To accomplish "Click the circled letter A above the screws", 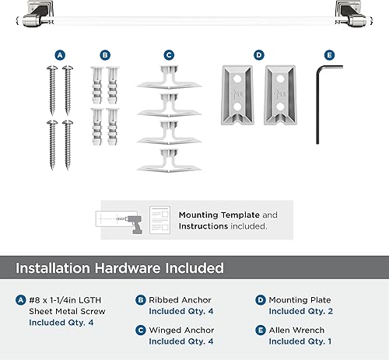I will (59, 55).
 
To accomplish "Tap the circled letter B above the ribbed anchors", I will (104, 55).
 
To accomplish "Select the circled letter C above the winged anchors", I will (169, 55).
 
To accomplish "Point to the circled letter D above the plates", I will (258, 55).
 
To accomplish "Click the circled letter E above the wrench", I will (329, 55).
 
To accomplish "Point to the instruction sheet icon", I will (159, 220).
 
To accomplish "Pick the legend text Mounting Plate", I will (299, 300).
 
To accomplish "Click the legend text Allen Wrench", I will (296, 330).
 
